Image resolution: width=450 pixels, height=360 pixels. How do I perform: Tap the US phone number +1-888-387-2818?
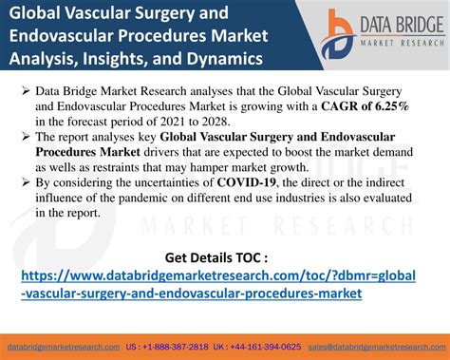pyautogui.click(x=159, y=348)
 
